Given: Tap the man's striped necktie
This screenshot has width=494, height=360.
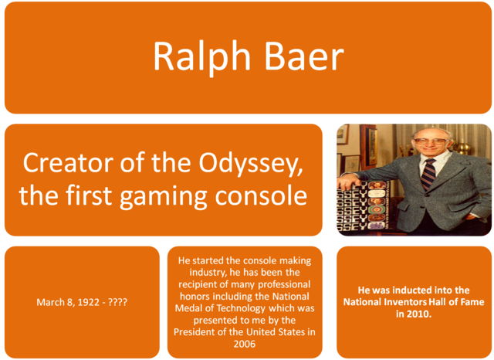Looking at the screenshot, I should click(428, 174).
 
